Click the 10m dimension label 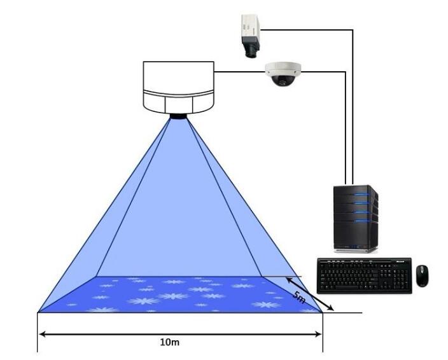pos(170,342)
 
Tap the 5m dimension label pos(299,297)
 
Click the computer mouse pos(422,276)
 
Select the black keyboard pos(365,275)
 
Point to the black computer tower pos(356,218)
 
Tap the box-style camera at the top pos(251,36)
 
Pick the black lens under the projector pos(179,116)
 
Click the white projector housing pos(179,87)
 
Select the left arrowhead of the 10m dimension pos(42,334)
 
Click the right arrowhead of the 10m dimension pos(318,334)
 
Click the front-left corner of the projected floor pos(38,312)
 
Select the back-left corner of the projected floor pos(97,276)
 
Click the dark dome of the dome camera pos(283,80)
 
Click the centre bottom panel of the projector pos(179,105)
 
